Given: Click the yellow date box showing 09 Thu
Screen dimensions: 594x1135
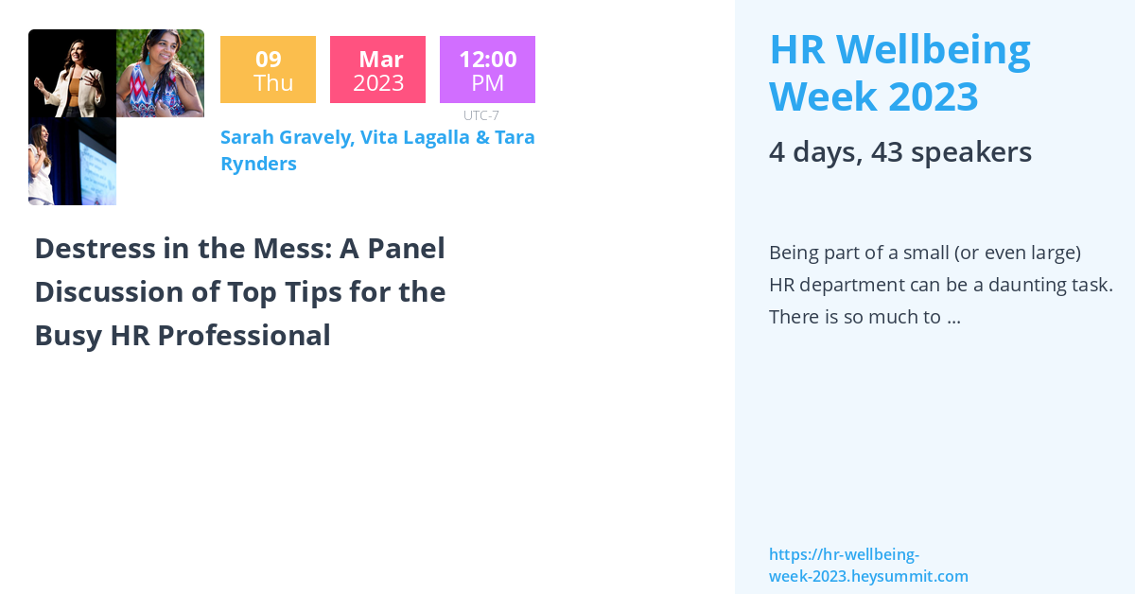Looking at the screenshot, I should [268, 70].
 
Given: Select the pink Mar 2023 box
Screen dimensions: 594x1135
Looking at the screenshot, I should [377, 70].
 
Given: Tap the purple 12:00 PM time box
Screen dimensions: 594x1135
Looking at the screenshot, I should [487, 70].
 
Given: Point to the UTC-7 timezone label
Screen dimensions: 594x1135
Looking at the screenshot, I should [481, 115].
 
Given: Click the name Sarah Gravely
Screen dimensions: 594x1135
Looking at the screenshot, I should [287, 137].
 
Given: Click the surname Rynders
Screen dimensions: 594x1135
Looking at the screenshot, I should [258, 164].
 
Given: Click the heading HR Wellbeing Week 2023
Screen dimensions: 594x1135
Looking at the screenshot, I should [899, 72].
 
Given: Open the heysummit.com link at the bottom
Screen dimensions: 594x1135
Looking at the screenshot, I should [867, 566].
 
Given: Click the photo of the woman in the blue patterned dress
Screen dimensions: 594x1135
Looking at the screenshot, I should [160, 74].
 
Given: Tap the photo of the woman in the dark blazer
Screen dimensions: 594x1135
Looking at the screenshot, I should [72, 74].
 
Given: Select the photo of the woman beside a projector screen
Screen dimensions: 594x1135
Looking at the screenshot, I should [72, 162].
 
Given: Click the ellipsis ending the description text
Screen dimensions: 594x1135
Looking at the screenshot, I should [953, 317].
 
